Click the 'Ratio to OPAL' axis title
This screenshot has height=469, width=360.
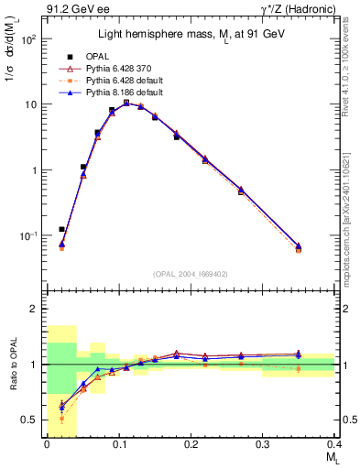coord(12,364)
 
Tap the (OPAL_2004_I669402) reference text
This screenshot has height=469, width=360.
coord(190,272)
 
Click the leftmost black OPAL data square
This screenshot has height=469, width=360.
coord(61,229)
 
